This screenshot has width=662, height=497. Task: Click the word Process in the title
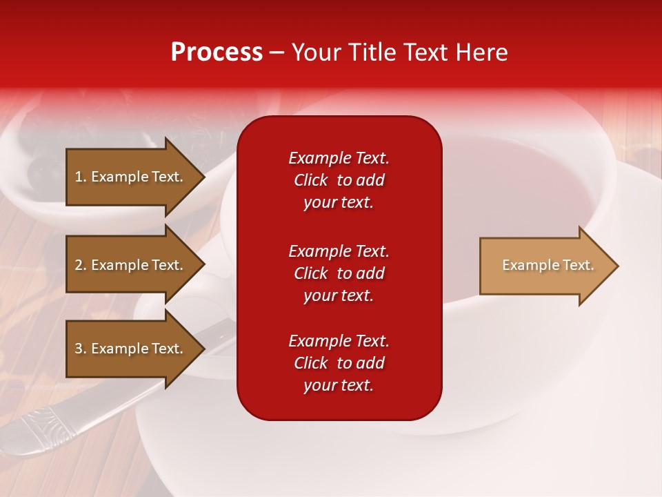[x=217, y=52]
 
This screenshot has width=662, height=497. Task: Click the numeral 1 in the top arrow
[x=79, y=177]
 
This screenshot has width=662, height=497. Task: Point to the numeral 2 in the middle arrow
[x=79, y=265]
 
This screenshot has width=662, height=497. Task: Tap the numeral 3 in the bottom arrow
[x=79, y=349]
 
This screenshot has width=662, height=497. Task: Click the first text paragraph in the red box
[x=339, y=180]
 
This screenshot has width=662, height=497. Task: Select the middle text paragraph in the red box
[x=339, y=273]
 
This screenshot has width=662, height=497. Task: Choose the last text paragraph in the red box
[x=339, y=363]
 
